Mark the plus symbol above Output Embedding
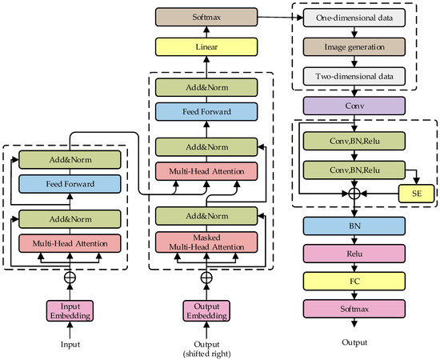click(x=207, y=278)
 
